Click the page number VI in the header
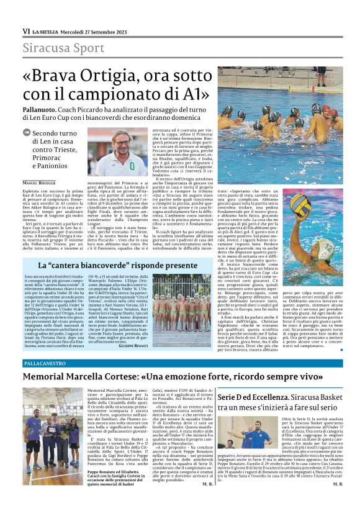point(26,30)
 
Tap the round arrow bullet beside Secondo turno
point(27,133)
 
